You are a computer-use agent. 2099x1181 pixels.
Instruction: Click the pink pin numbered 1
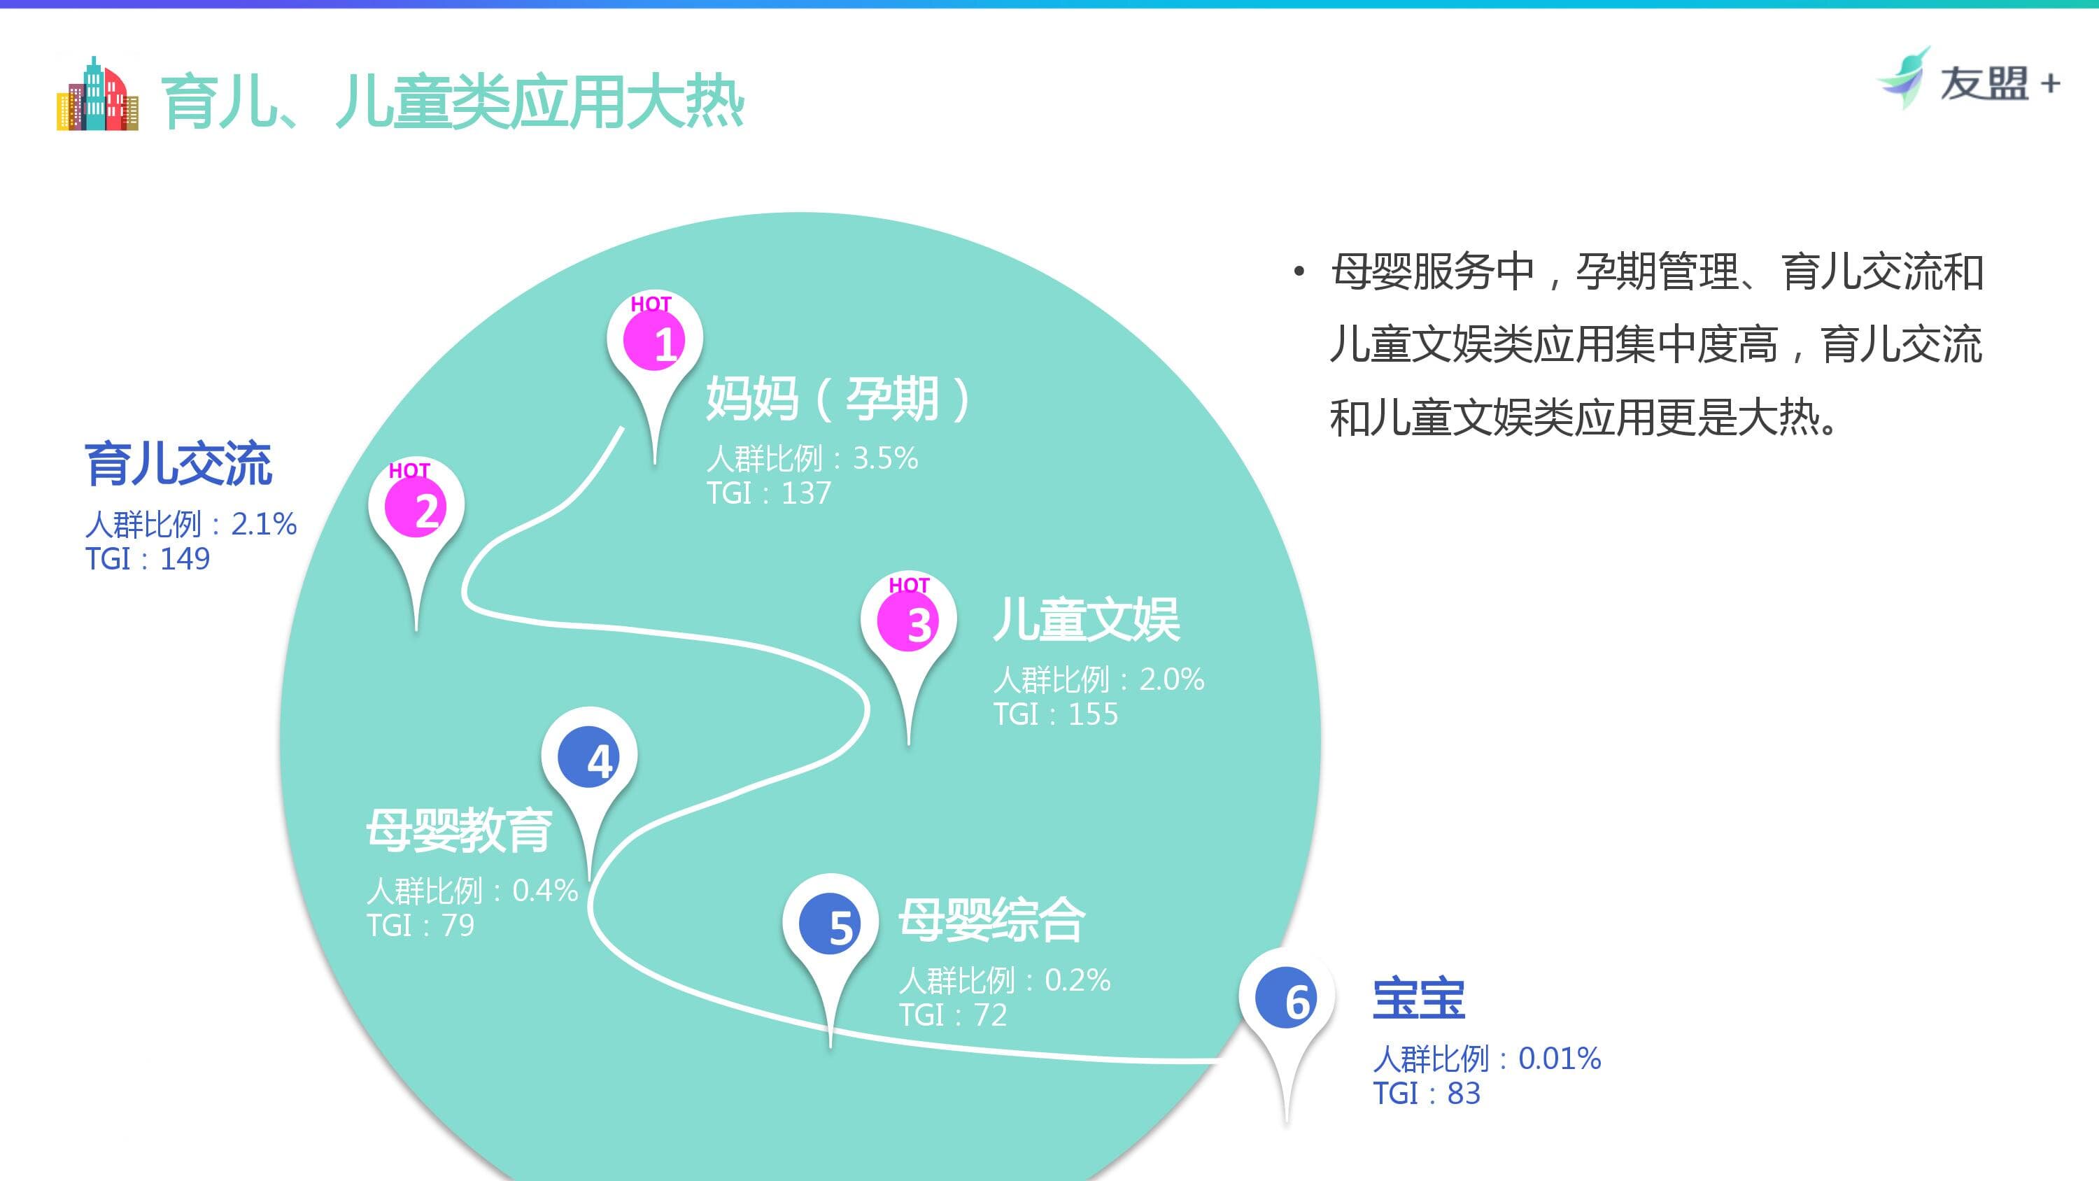point(654,341)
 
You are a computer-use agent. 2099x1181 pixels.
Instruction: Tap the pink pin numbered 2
point(416,507)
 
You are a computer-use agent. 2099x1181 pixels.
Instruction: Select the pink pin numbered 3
point(907,621)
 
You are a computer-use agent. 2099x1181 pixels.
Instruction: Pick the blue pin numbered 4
point(588,757)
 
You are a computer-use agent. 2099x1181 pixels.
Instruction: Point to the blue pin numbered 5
point(830,924)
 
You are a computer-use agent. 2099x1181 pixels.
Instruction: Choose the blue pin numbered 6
point(1286,998)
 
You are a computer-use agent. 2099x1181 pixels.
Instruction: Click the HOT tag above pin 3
point(909,585)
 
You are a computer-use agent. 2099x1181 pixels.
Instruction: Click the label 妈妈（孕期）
point(838,399)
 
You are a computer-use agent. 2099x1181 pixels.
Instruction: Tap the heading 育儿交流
point(178,464)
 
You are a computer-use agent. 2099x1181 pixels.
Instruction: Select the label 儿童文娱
point(1085,619)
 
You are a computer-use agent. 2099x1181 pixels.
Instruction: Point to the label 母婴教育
point(459,830)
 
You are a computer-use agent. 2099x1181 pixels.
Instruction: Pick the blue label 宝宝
point(1419,998)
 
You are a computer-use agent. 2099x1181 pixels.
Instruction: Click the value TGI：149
point(148,559)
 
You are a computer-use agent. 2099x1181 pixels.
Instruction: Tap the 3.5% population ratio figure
point(885,459)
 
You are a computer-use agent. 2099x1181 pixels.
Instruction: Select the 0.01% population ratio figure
point(1559,1059)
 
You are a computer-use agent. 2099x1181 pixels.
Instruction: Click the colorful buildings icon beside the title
point(97,94)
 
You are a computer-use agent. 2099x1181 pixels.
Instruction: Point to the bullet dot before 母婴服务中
point(1299,271)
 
